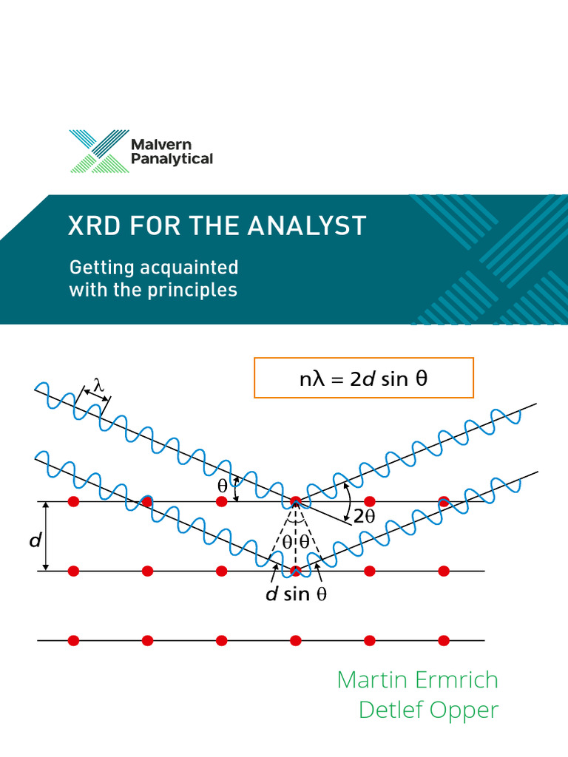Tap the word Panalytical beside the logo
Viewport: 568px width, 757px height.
tap(172, 158)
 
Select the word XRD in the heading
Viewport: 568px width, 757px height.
tap(93, 225)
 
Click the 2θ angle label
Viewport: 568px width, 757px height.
tap(365, 517)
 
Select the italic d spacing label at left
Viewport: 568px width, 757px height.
tap(34, 541)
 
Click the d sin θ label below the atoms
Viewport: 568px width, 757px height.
tap(296, 594)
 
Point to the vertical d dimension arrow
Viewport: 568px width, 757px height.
tap(46, 536)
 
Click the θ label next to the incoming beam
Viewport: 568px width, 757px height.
tap(223, 487)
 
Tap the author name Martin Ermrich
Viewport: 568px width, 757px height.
tap(417, 679)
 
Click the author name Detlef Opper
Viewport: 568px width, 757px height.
tap(428, 710)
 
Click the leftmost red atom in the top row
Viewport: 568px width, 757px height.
tap(73, 502)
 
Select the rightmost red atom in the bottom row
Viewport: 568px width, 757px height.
tap(444, 640)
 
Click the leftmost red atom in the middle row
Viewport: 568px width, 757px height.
tap(73, 571)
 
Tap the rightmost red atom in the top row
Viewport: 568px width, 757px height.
tap(444, 502)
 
